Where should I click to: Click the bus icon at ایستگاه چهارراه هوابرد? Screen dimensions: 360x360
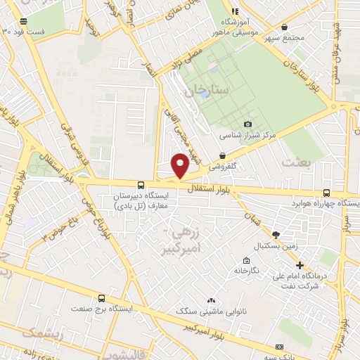pyautogui.click(x=326, y=193)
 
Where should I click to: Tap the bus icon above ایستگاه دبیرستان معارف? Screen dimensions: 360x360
pyautogui.click(x=142, y=185)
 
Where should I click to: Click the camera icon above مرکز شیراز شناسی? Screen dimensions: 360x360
pyautogui.click(x=247, y=124)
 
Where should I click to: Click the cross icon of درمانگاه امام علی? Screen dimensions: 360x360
pyautogui.click(x=300, y=266)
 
